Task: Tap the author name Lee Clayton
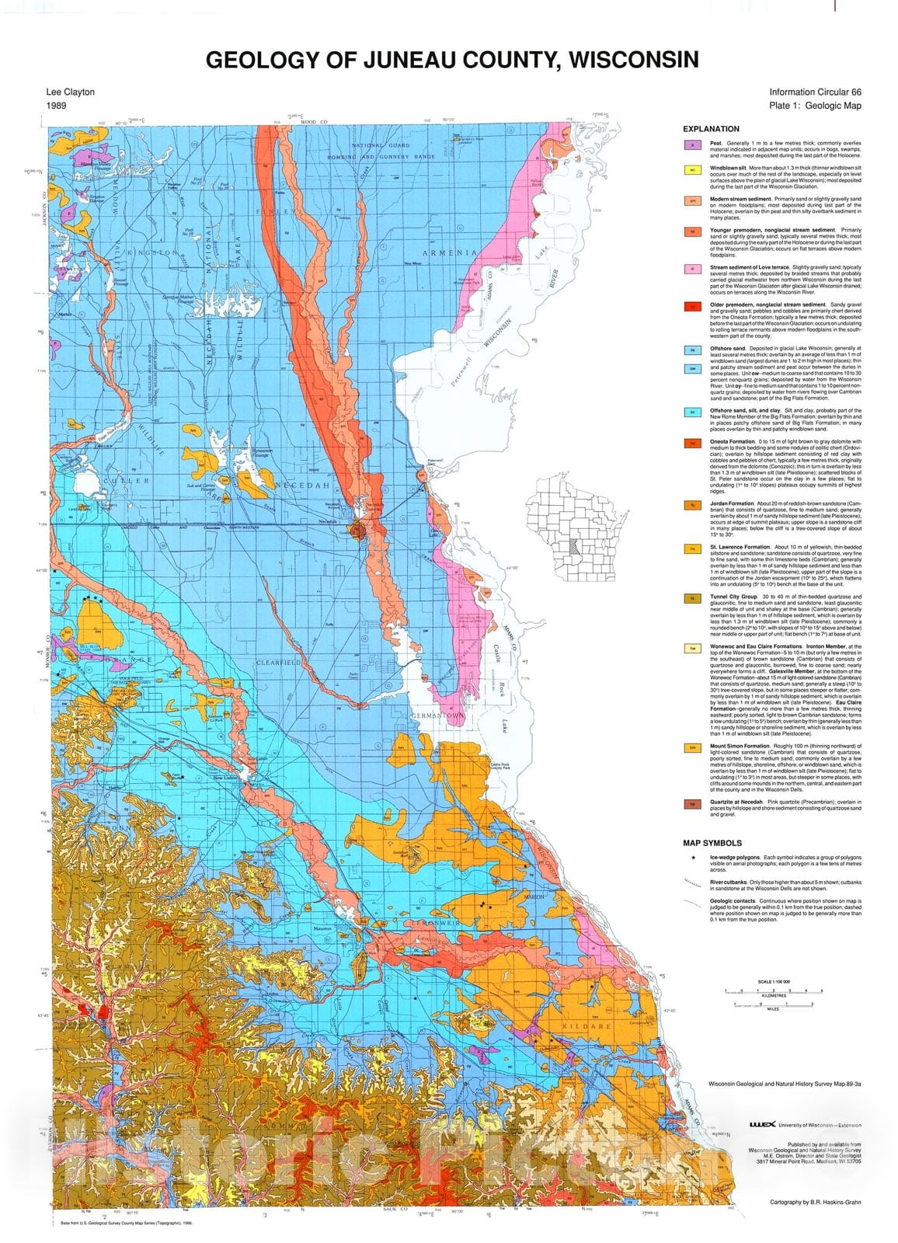click(x=70, y=92)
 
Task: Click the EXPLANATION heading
click(x=711, y=129)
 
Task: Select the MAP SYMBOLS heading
click(x=712, y=843)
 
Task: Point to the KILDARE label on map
click(x=594, y=1026)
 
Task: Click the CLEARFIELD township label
click(x=279, y=663)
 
